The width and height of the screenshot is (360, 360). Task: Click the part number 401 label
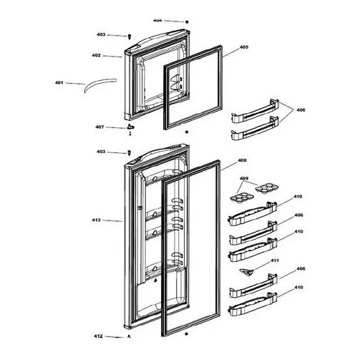(x=59, y=83)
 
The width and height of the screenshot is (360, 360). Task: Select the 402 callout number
(x=96, y=55)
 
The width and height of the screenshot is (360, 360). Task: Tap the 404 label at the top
(x=157, y=21)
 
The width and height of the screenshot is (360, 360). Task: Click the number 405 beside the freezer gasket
(x=244, y=47)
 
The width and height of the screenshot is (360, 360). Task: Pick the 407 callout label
(x=99, y=127)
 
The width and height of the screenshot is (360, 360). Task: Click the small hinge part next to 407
(x=130, y=128)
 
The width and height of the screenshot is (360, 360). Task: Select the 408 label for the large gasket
(x=242, y=160)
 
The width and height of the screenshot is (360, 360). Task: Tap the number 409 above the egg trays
(x=244, y=178)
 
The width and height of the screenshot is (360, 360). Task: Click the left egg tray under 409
(x=239, y=198)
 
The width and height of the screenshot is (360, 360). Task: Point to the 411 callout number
(x=275, y=261)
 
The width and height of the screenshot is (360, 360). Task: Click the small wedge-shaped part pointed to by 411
(x=247, y=272)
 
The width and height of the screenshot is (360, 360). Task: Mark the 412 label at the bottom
(x=98, y=336)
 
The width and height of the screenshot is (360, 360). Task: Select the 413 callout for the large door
(x=96, y=220)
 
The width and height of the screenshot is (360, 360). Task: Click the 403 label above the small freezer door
(x=101, y=34)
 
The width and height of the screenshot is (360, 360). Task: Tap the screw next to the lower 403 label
(x=130, y=152)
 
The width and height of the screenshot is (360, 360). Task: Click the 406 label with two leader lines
(x=301, y=110)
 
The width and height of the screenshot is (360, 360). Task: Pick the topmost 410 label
(x=298, y=197)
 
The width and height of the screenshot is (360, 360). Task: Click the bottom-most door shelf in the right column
(x=253, y=305)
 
